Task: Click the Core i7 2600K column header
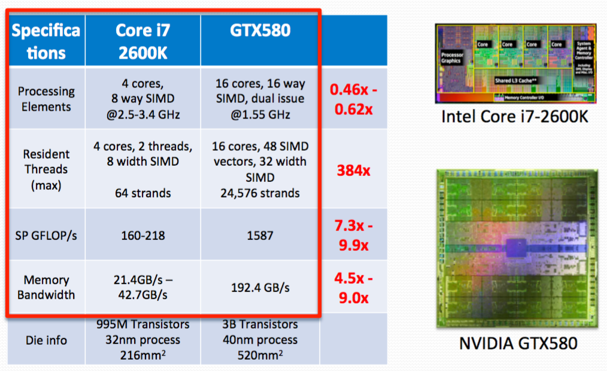tap(142, 41)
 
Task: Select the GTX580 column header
tap(260, 30)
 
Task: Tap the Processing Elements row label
tap(46, 99)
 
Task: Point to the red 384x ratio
tap(353, 171)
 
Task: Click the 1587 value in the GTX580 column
tap(260, 235)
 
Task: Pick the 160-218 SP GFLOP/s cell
tap(142, 235)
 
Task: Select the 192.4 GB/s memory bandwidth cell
tap(260, 287)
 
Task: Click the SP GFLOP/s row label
tap(46, 235)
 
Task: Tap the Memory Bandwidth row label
tap(46, 287)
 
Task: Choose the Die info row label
tap(46, 340)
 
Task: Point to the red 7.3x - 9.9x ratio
tap(353, 235)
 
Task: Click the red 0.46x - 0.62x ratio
tap(353, 99)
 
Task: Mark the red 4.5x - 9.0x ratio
tap(353, 288)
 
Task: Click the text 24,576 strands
tap(260, 193)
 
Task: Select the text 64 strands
tap(142, 193)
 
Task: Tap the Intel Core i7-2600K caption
tap(515, 116)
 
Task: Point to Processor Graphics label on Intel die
tap(451, 57)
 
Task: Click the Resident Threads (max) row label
tap(46, 169)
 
